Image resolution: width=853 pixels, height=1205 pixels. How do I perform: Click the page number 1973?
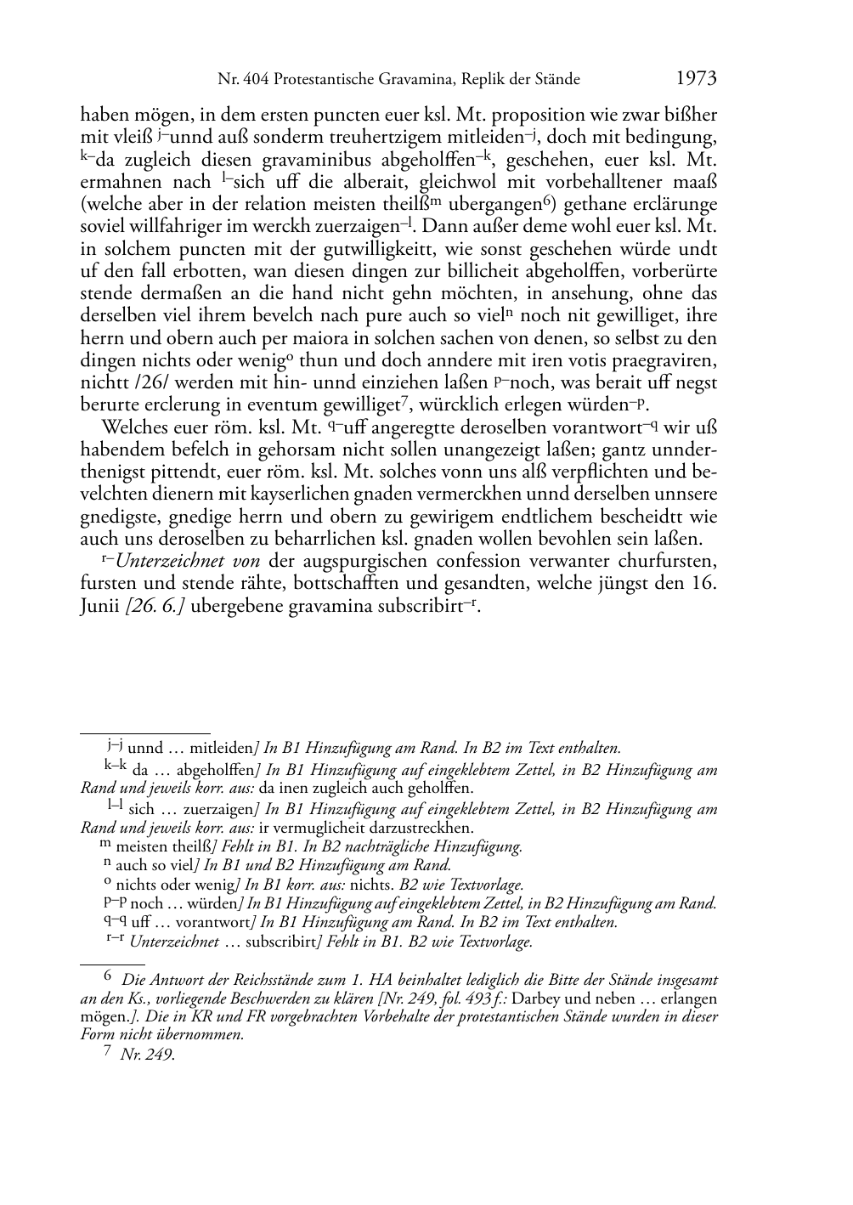pos(696,79)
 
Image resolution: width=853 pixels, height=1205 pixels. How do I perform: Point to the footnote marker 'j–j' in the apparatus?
pos(116,747)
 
